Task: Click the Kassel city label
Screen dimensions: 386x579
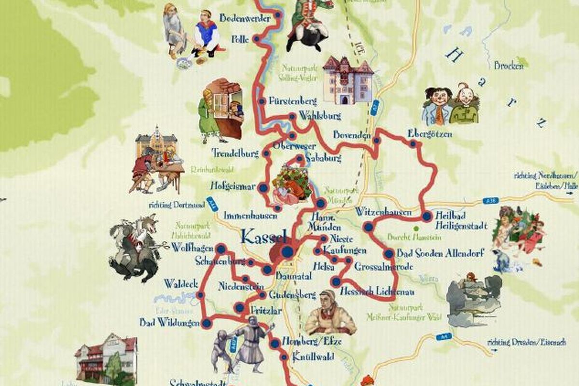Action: point(263,236)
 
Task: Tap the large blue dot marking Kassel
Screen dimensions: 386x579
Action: point(288,251)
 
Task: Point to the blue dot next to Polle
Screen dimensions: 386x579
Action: point(257,39)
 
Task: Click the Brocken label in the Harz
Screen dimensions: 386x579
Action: point(508,66)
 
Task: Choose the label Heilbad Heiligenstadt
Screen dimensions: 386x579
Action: point(461,221)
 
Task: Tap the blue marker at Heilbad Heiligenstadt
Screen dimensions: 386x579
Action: point(427,217)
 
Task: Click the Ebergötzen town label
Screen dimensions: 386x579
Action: point(430,134)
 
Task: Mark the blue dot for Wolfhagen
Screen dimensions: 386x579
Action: point(221,249)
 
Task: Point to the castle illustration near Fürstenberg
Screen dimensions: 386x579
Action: point(347,80)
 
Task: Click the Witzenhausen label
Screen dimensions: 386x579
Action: point(384,212)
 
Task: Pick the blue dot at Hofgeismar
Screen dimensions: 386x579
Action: point(263,188)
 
